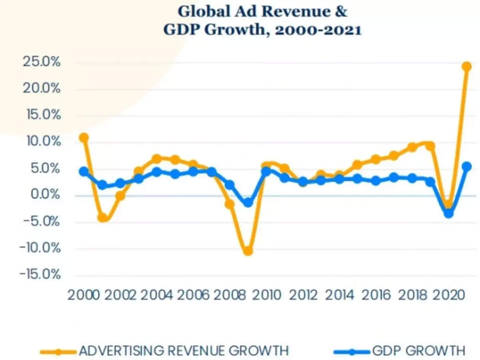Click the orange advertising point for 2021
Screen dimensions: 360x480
click(466, 66)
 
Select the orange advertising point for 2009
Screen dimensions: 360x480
click(248, 251)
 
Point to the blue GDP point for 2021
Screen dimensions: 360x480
click(466, 166)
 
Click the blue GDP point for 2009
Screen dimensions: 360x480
click(248, 203)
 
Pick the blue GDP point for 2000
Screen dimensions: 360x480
click(84, 172)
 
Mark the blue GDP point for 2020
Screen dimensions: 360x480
click(449, 214)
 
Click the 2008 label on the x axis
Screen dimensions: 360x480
click(229, 295)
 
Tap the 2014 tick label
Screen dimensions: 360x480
click(339, 295)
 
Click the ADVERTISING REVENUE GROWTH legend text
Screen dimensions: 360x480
click(184, 351)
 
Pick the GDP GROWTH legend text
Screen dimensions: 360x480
click(419, 351)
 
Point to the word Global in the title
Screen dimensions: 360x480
click(204, 12)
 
